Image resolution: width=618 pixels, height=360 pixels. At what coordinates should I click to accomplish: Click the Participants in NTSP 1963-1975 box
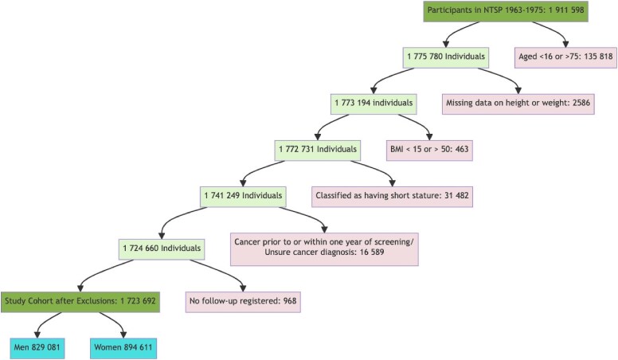pos(506,10)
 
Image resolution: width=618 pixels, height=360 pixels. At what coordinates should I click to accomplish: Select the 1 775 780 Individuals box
pos(446,57)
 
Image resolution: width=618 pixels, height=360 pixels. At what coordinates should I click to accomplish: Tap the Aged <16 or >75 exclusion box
pos(565,57)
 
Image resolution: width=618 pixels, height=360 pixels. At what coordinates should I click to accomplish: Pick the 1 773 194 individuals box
pos(374,104)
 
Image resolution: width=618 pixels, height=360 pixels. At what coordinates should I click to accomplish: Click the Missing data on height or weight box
pos(518,104)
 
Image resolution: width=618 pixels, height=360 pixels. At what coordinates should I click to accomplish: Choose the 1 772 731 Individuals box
pos(318,150)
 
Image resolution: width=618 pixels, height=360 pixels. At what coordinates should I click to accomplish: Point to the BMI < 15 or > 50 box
pos(429,150)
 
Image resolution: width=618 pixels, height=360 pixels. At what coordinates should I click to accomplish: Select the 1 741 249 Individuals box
pos(243,197)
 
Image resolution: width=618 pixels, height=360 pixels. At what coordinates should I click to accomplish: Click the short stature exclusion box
pos(392,197)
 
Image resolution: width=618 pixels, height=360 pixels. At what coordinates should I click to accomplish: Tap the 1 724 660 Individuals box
pos(162,248)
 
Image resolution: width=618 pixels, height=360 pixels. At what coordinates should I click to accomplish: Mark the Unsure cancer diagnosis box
pos(324,248)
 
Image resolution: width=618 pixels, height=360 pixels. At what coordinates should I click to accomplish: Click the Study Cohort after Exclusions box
pos(80,302)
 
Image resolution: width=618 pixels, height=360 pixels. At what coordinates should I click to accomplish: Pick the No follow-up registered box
pos(243,302)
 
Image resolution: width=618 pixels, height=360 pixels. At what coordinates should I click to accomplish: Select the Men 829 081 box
pos(37,348)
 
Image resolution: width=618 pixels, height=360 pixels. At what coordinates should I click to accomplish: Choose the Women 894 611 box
pos(123,348)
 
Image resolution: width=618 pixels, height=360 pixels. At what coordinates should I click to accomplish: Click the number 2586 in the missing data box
pos(581,104)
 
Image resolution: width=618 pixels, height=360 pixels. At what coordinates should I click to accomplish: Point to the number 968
pos(290,301)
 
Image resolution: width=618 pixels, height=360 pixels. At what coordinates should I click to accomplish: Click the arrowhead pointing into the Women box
pos(123,335)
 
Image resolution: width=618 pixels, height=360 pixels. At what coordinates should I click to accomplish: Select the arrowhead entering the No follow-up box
pos(243,288)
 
